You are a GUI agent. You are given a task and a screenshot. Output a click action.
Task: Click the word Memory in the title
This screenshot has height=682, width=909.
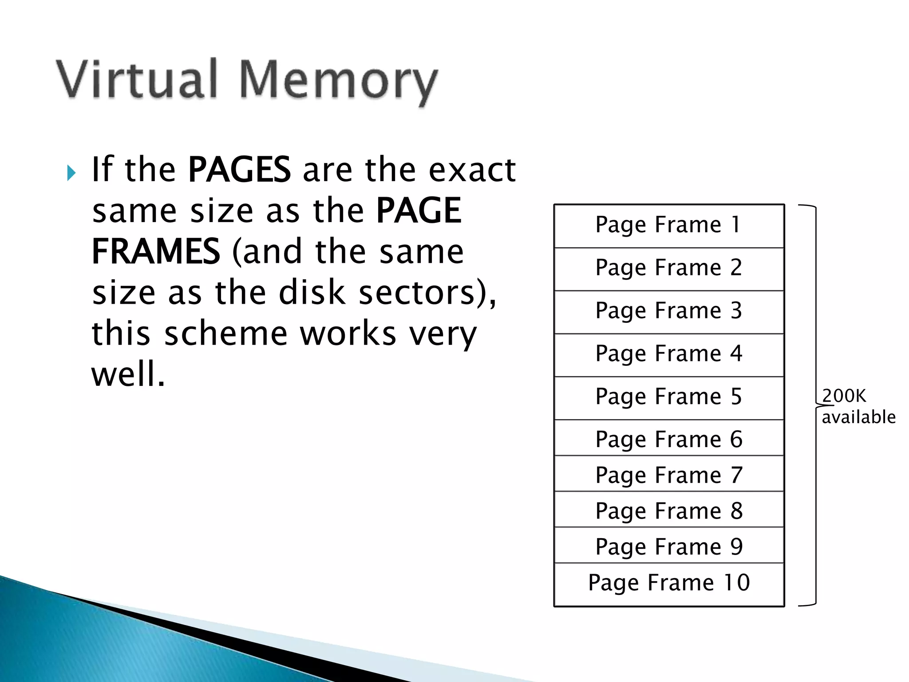click(x=338, y=83)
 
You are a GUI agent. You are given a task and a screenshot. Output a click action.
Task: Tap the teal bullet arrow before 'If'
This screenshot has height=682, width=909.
click(x=71, y=172)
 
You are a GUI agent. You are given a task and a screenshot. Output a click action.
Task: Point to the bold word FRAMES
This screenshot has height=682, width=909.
click(x=155, y=251)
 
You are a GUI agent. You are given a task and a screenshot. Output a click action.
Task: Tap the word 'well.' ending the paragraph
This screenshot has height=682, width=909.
click(x=128, y=374)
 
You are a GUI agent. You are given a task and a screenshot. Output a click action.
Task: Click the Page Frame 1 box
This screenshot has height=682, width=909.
click(x=669, y=226)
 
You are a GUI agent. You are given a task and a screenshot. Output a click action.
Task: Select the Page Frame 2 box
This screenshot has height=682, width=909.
click(x=669, y=269)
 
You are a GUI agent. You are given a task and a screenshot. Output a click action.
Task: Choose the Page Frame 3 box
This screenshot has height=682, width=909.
click(x=669, y=312)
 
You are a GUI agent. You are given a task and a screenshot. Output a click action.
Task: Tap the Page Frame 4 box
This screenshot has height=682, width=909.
click(x=669, y=355)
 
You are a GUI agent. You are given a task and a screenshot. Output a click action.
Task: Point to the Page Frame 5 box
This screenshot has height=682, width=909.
click(x=669, y=398)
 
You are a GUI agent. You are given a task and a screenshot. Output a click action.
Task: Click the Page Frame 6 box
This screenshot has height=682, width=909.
click(x=669, y=438)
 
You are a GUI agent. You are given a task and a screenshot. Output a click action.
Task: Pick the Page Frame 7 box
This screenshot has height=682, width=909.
click(x=669, y=474)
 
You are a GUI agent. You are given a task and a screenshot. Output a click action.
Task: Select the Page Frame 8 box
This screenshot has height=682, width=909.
click(x=669, y=510)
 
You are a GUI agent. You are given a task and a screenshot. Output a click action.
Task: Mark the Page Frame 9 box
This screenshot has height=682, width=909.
click(x=669, y=546)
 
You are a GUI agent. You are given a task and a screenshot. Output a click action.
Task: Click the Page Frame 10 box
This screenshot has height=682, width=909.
click(x=669, y=583)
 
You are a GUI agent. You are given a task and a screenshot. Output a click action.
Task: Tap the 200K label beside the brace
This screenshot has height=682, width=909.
click(x=844, y=396)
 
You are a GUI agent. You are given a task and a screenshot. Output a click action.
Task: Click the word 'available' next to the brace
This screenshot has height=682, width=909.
click(x=858, y=417)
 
